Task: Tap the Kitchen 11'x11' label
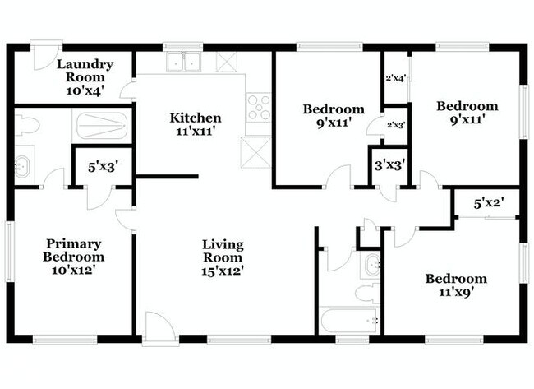click(x=195, y=124)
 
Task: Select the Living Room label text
click(x=223, y=256)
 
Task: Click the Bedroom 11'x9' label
click(x=455, y=285)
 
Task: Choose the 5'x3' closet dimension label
click(x=103, y=167)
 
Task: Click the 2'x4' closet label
click(x=396, y=79)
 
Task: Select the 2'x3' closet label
click(x=396, y=125)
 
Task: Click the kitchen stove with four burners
click(x=259, y=109)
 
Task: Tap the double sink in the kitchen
click(x=184, y=63)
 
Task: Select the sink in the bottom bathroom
click(x=371, y=265)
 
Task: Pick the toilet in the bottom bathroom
click(x=366, y=293)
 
